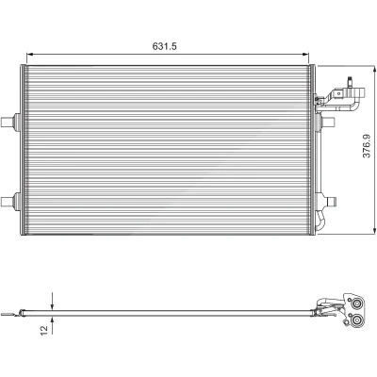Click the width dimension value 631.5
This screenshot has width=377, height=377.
pyautogui.click(x=165, y=46)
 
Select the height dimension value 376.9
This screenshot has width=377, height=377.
pyautogui.click(x=367, y=146)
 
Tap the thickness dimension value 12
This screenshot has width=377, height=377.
pyautogui.click(x=44, y=330)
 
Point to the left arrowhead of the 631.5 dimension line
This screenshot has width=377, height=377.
pyautogui.click(x=30, y=55)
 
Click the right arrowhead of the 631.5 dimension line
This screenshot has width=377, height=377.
pyautogui.click(x=305, y=55)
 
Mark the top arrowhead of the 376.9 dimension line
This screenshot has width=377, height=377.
pyautogui.click(x=374, y=70)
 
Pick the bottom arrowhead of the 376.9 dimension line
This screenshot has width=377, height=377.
pyautogui.click(x=374, y=230)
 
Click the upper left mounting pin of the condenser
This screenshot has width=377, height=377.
pyautogui.click(x=8, y=122)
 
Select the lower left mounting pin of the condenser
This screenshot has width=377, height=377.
pyautogui.click(x=8, y=201)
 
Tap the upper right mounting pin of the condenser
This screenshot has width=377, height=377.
pyautogui.click(x=330, y=122)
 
